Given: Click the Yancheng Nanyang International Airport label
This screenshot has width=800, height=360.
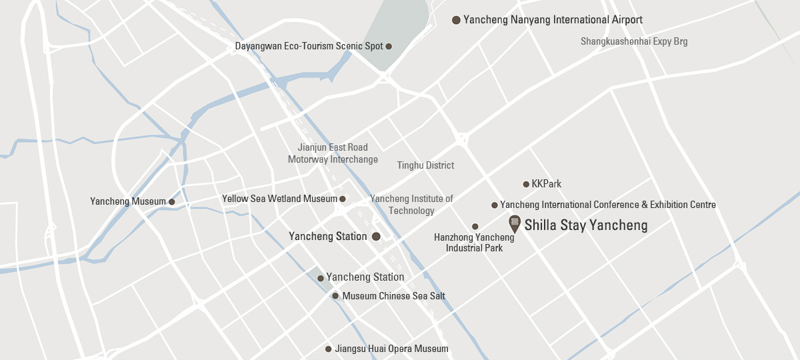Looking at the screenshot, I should pyautogui.click(x=553, y=20).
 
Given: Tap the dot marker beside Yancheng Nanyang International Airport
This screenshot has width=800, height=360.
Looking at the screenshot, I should pyautogui.click(x=456, y=20).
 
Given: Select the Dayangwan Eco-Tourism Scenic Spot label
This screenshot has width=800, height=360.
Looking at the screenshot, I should pyautogui.click(x=309, y=46).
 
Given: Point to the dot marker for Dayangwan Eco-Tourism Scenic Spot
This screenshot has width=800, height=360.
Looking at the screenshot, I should pyautogui.click(x=389, y=46).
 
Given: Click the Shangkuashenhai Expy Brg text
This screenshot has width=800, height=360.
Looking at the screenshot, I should pyautogui.click(x=634, y=41).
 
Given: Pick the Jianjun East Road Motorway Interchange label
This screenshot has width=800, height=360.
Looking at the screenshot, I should pyautogui.click(x=333, y=153).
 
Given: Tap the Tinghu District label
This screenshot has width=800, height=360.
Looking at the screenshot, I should pyautogui.click(x=425, y=165).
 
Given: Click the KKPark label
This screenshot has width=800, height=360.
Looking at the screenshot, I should pyautogui.click(x=547, y=184).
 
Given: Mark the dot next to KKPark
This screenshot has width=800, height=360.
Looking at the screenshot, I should pyautogui.click(x=525, y=184).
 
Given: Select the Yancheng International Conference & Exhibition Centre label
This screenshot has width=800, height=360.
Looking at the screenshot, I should pyautogui.click(x=608, y=205).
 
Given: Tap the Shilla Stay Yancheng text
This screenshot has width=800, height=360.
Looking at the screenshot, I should pyautogui.click(x=586, y=225).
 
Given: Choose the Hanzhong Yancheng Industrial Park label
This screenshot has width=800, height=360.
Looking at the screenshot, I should pyautogui.click(x=468, y=242).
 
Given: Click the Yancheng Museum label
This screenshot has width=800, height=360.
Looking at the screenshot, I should pyautogui.click(x=128, y=201).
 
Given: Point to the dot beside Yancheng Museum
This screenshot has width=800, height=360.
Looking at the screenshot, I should pyautogui.click(x=171, y=201).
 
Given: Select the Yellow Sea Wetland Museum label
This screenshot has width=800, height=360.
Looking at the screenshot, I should pyautogui.click(x=279, y=199).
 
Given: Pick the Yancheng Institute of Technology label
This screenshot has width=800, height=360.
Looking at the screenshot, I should pyautogui.click(x=411, y=205).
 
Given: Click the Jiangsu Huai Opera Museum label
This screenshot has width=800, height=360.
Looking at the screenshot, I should pyautogui.click(x=391, y=349).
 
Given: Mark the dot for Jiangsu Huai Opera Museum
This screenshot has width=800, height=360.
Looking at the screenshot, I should pyautogui.click(x=328, y=349).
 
